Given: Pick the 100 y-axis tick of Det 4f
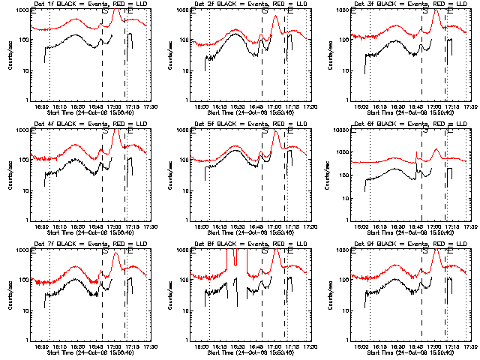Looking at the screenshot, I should [23, 160].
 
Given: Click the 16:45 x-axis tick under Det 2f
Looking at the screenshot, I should [257, 107].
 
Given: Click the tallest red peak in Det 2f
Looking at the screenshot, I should [275, 16].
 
